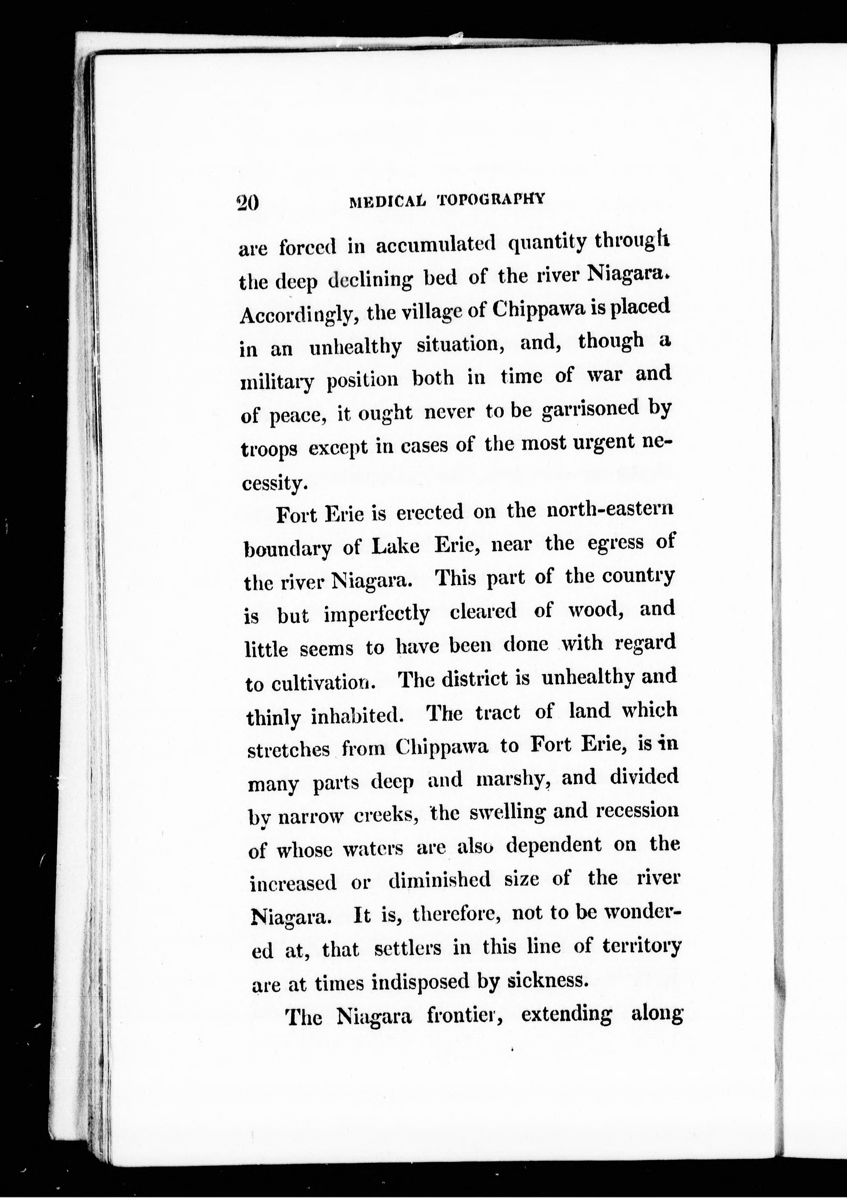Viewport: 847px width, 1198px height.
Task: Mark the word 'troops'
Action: (x=270, y=449)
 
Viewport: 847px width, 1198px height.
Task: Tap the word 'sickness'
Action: (x=548, y=980)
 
